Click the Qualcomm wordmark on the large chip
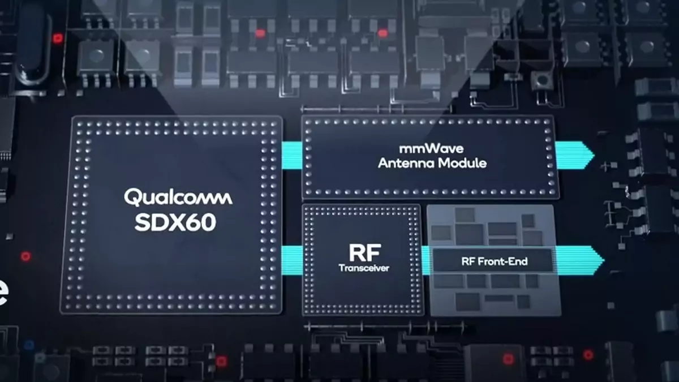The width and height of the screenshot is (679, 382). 178,198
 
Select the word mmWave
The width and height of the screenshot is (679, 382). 432,150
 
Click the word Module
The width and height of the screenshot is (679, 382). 464,164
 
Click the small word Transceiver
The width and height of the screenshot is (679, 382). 364,268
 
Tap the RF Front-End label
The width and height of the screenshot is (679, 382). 492,261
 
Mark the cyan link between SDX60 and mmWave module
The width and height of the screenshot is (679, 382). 291,154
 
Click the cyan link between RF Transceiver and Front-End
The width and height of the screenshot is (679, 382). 426,260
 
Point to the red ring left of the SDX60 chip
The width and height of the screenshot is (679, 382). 25,256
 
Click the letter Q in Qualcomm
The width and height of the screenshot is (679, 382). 131,198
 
